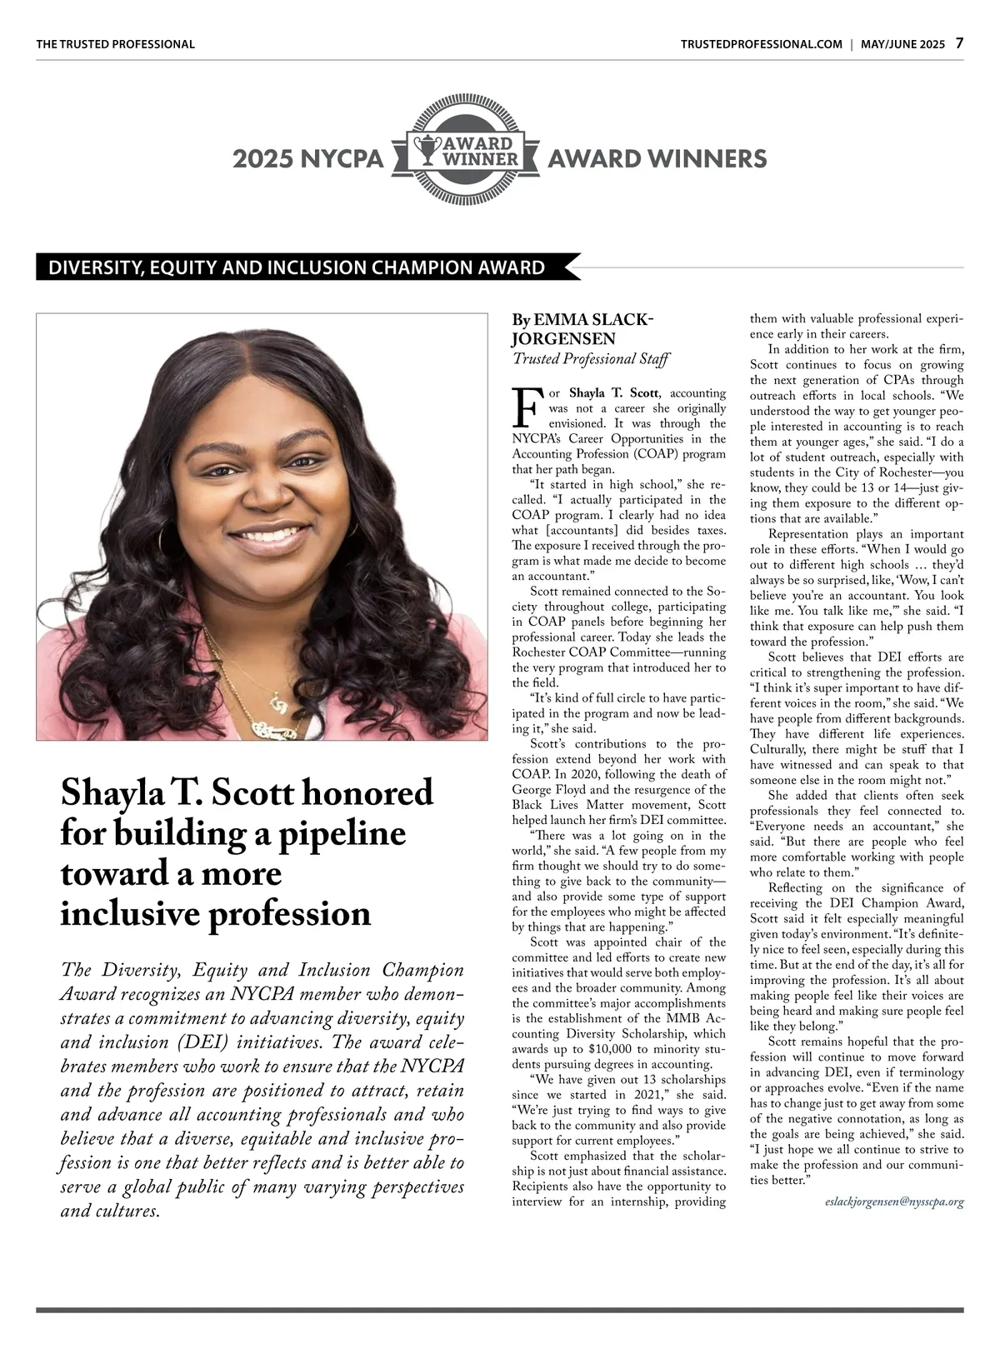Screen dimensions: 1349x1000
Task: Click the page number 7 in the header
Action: coord(959,43)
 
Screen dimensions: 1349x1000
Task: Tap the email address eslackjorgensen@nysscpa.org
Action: coord(894,1202)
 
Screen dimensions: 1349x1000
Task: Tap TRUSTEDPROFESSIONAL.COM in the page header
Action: coord(761,44)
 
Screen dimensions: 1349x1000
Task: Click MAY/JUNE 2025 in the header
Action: coord(902,44)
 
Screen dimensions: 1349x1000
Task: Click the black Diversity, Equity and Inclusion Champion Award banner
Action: coord(297,268)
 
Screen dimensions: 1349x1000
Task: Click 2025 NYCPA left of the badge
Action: coord(307,158)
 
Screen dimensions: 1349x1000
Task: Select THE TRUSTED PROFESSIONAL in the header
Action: coord(115,44)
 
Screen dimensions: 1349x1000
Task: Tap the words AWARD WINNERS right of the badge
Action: coord(657,158)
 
